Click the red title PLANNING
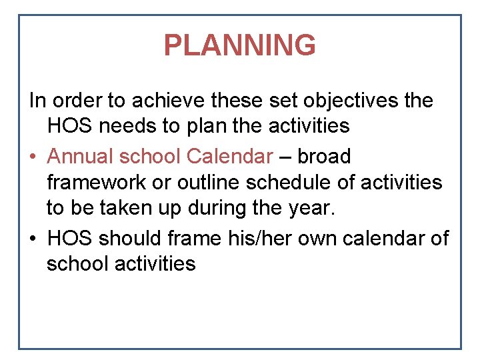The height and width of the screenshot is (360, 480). pos(239,45)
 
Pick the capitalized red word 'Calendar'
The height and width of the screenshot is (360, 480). pos(230,156)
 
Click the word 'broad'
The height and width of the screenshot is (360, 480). pos(324,156)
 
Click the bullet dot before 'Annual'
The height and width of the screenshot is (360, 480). pos(32,157)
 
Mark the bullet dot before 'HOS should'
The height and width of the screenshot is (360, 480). pos(32,238)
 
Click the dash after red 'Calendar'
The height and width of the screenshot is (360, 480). pos(285,157)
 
